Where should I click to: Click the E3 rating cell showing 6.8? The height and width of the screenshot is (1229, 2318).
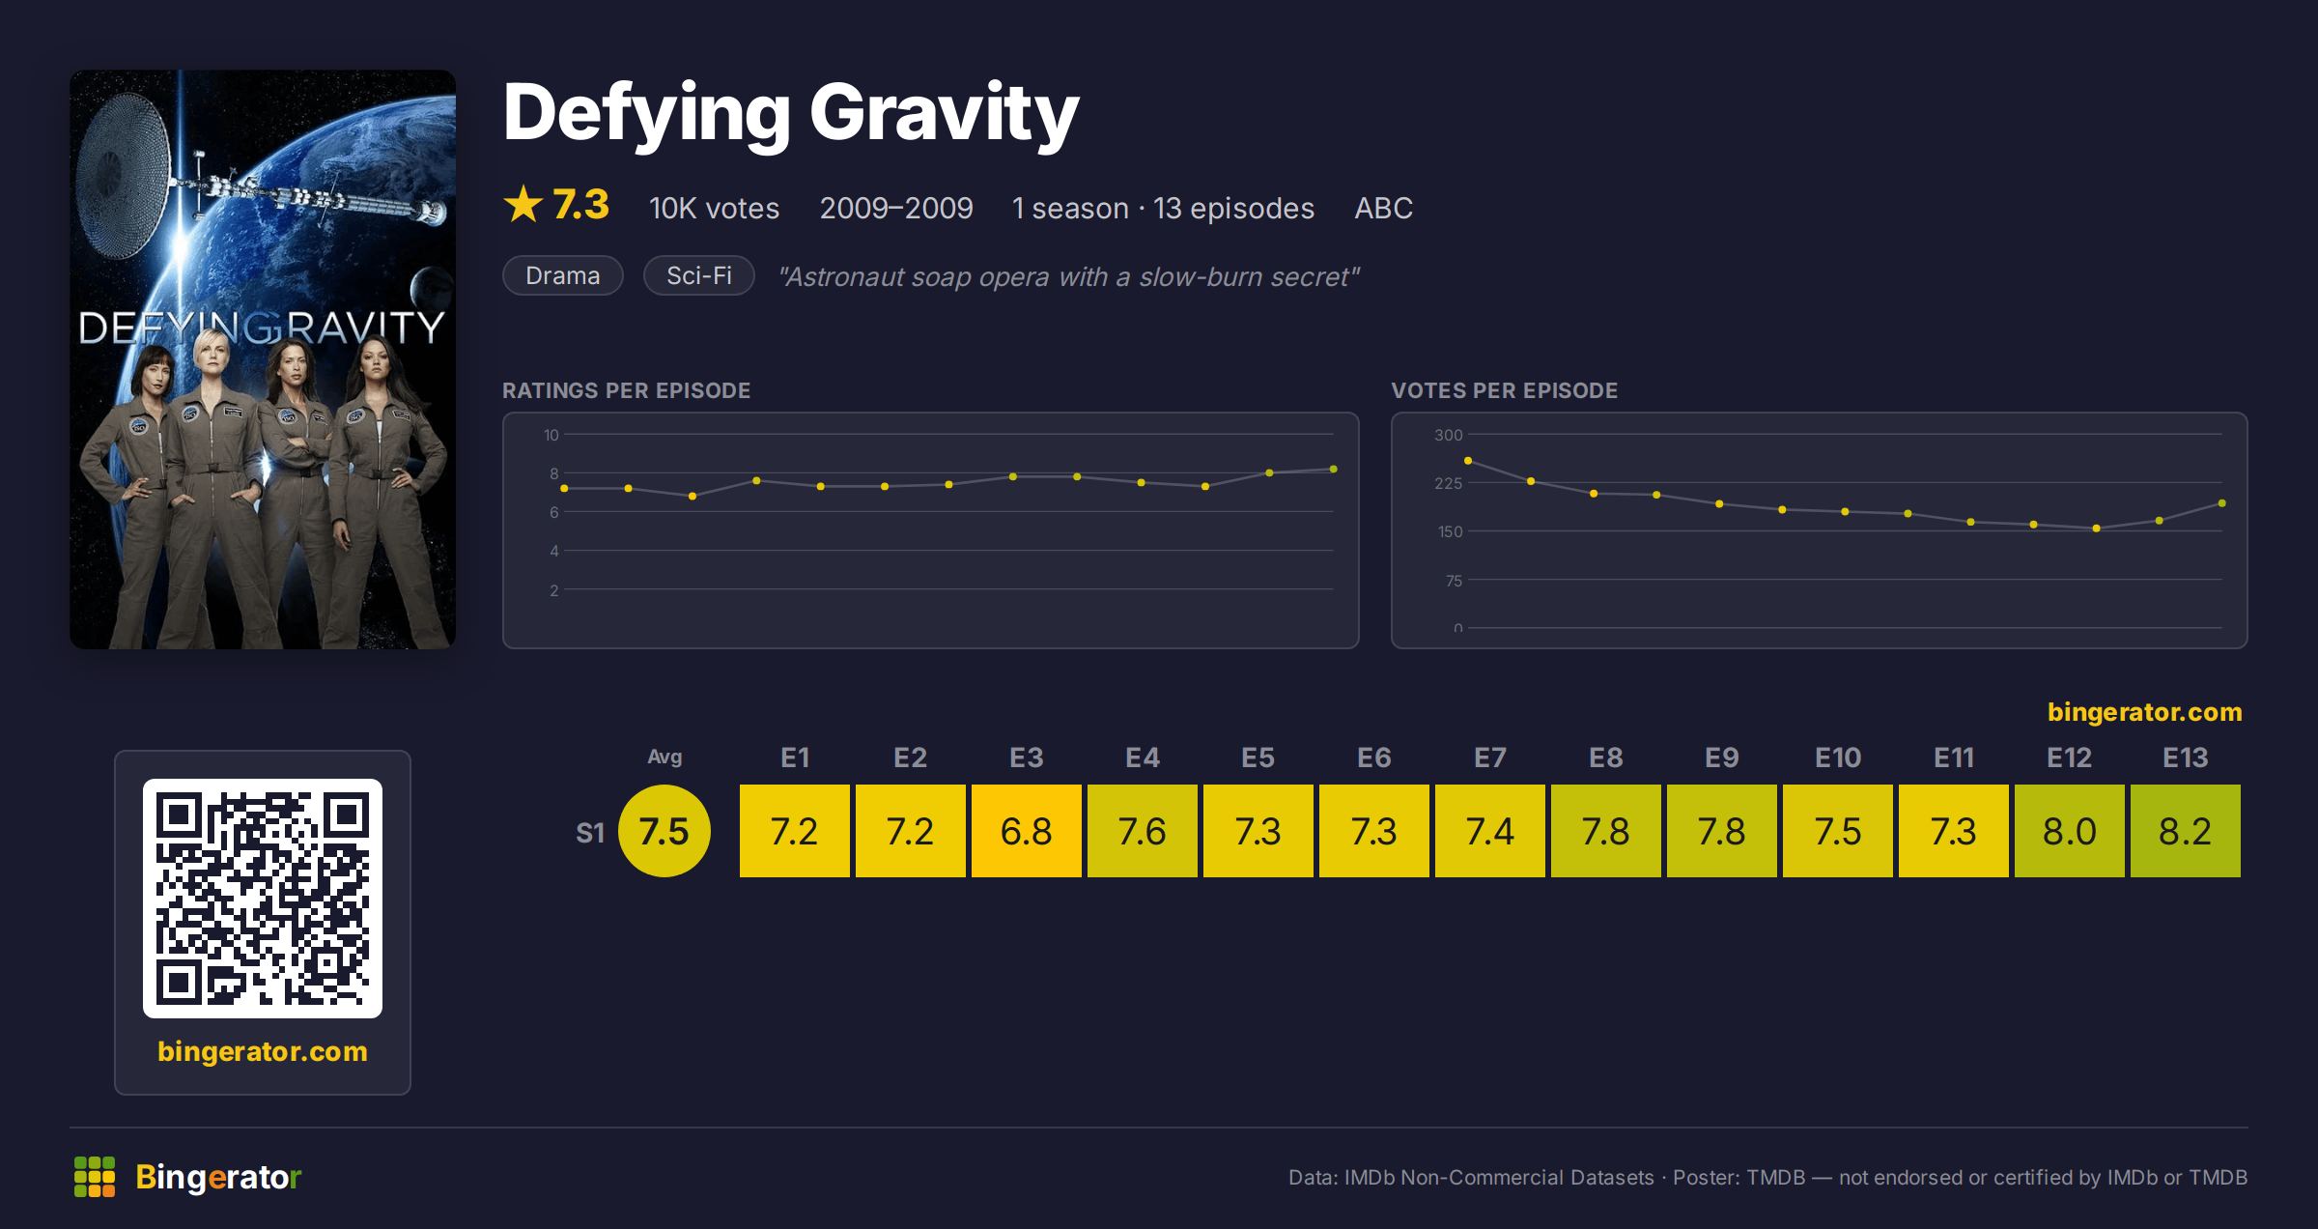pyautogui.click(x=1026, y=831)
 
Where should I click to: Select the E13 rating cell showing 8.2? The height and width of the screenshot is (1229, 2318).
pyautogui.click(x=2185, y=831)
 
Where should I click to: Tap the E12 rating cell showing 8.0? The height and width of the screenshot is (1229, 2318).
pyautogui.click(x=2069, y=831)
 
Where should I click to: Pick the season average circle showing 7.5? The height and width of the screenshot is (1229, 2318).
pyautogui.click(x=664, y=831)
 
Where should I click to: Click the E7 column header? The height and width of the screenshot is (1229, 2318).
pyautogui.click(x=1489, y=757)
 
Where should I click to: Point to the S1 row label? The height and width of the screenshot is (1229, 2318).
pyautogui.click(x=590, y=833)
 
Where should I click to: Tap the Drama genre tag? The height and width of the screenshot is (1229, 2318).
pyautogui.click(x=563, y=275)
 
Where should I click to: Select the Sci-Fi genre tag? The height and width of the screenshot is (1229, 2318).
pyautogui.click(x=699, y=275)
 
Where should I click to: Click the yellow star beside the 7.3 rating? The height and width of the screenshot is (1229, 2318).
pyautogui.click(x=523, y=204)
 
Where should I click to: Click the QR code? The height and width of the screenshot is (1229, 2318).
pyautogui.click(x=263, y=899)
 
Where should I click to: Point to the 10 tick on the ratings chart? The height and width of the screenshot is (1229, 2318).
pyautogui.click(x=551, y=435)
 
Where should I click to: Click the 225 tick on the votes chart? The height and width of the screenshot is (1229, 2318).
pyautogui.click(x=1448, y=483)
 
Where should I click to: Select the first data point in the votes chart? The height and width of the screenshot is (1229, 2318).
pyautogui.click(x=1468, y=461)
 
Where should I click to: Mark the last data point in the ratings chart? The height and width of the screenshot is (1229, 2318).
pyautogui.click(x=1334, y=470)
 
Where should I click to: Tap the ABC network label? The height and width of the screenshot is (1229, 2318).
pyautogui.click(x=1383, y=208)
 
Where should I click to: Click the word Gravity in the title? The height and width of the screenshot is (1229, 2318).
pyautogui.click(x=945, y=114)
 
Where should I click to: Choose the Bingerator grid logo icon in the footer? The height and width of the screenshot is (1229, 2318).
pyautogui.click(x=95, y=1177)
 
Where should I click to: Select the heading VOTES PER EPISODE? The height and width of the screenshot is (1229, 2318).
pyautogui.click(x=1504, y=390)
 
